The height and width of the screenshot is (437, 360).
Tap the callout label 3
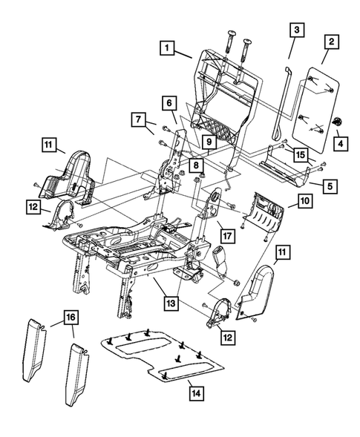295,30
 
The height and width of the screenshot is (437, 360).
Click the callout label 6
169,102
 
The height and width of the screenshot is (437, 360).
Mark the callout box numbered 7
138,119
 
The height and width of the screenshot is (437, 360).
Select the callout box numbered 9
209,139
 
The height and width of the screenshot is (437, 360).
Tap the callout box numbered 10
304,200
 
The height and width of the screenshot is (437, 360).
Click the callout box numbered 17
228,236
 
